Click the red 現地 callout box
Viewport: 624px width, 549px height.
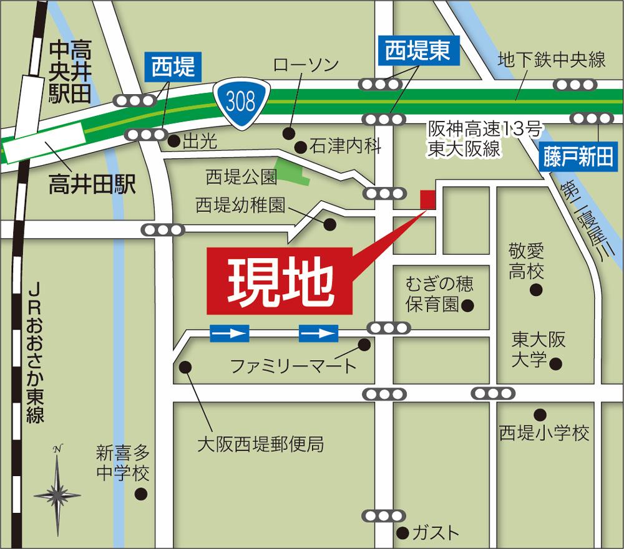click(x=279, y=283)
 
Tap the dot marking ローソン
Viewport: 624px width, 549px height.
click(x=288, y=133)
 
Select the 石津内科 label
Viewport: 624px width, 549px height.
click(x=345, y=147)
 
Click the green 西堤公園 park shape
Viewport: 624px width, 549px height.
click(x=294, y=171)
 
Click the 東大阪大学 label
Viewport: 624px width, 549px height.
click(x=530, y=349)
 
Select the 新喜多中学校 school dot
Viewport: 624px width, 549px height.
click(x=142, y=494)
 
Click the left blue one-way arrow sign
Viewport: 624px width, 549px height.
click(x=230, y=333)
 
